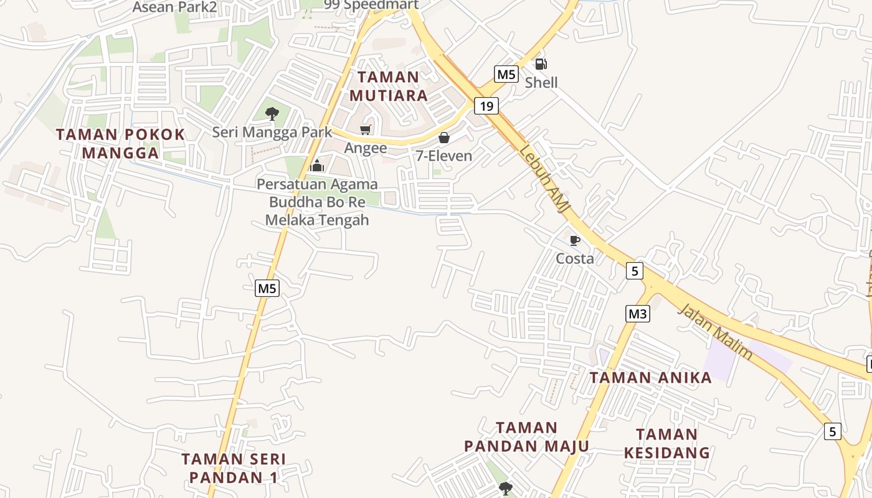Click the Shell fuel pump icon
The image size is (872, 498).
541,64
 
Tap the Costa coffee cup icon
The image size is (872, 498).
575,240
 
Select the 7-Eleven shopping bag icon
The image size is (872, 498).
444,138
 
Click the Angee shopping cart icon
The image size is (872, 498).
365,130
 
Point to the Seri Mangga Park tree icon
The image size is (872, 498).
272,113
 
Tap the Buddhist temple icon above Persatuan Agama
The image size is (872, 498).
317,166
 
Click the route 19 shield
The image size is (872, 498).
486,106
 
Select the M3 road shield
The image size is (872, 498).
637,314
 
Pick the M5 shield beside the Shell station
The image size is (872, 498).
506,75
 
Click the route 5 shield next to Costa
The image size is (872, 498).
634,271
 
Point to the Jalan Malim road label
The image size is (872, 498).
715,331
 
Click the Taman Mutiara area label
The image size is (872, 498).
389,86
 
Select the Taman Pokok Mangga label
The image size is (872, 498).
121,143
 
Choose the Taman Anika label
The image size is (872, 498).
650,378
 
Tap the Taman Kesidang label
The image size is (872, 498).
666,443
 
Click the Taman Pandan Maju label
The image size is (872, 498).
526,437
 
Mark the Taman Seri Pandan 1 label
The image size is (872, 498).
234,468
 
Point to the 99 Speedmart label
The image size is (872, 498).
371,4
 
